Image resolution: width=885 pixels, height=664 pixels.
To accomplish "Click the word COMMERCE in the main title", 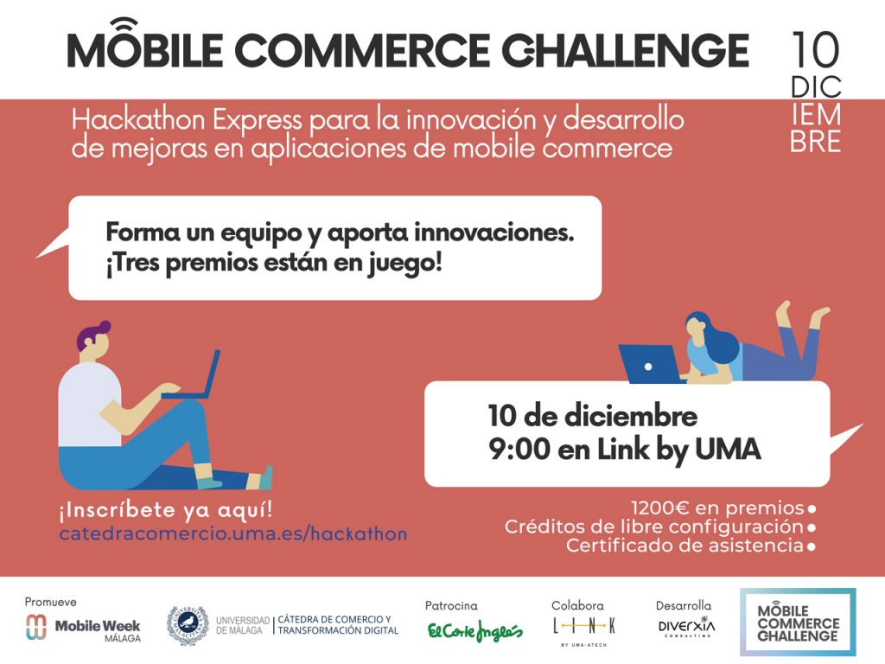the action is pos(361,51).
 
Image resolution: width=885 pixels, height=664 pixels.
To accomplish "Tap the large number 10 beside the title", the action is pos(816,49).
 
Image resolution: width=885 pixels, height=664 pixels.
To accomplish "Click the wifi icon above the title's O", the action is pos(124,25).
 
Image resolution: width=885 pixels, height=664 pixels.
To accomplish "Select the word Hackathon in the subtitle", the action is pos(137,119).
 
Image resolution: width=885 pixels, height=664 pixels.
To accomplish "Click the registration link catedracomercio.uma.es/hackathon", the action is pos(233,533).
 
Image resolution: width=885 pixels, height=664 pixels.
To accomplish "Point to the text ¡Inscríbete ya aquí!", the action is pos(165,510).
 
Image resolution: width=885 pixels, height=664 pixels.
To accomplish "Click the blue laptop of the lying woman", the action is pos(649,364).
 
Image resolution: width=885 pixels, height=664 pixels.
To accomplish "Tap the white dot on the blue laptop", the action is pos(648,367).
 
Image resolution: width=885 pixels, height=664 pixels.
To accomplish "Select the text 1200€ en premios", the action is pos(716,508).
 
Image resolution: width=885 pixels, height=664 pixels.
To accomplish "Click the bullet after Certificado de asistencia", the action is pos(812,546).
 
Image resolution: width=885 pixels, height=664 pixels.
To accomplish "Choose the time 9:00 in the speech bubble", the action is pos(519,450).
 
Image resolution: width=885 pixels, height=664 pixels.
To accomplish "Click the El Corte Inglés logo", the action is pos(474,630).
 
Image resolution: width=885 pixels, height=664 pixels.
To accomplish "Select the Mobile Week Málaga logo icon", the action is pos(36,627).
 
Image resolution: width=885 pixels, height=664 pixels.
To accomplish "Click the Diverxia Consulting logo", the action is pos(686,627).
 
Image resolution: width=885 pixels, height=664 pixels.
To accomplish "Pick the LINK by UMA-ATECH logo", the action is pos(584,630).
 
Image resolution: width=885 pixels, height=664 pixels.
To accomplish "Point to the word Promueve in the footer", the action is pos(50,602).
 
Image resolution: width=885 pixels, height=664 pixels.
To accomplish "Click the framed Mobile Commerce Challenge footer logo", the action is pos(798,622).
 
